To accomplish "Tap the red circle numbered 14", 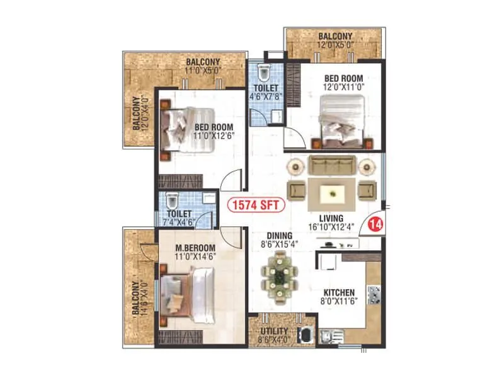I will click(x=377, y=222).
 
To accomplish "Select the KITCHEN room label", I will click(x=339, y=292).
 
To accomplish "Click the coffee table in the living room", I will click(x=331, y=192).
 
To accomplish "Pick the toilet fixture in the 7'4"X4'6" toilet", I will click(x=171, y=202).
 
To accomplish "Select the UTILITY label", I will click(x=273, y=331).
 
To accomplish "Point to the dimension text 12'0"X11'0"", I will click(x=343, y=88).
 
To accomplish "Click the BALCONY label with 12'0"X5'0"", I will click(x=335, y=37).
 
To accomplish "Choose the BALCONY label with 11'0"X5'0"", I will click(x=202, y=62).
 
